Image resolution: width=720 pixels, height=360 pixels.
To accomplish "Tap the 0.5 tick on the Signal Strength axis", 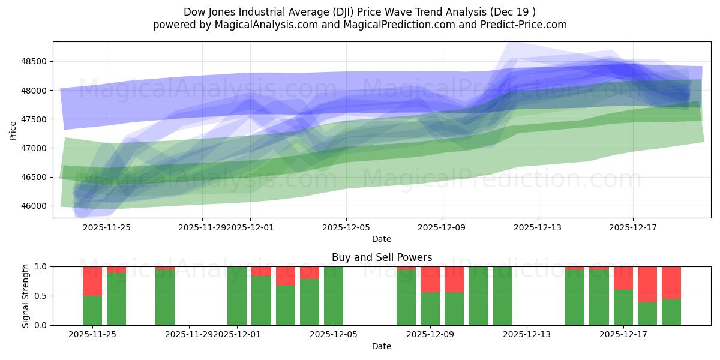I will pos(41,296).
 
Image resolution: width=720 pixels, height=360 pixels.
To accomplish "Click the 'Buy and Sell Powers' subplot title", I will pos(382,257).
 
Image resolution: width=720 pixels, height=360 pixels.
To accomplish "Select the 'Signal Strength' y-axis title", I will pos(25,296).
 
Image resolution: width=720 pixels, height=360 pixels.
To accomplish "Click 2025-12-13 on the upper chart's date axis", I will pos(537,227).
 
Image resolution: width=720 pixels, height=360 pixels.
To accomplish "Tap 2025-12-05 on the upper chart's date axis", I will pos(346,227).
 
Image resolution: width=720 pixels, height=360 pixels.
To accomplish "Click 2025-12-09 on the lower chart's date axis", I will pos(430,335).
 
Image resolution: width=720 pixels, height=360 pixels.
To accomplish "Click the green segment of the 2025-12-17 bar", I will pos(623,307).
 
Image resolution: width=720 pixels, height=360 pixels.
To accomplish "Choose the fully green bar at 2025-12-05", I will pos(334,296).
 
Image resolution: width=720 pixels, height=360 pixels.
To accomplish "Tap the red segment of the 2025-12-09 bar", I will pos(430,279).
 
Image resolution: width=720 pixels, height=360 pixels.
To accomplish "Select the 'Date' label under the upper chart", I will pos(382,239).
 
